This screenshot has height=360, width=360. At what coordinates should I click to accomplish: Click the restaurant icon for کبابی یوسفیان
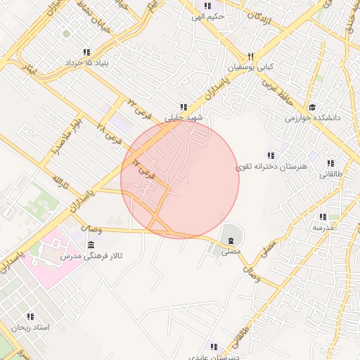[250, 57]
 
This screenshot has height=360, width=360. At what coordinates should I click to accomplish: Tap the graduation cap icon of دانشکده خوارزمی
[312, 107]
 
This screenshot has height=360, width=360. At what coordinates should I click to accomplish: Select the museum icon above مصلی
[231, 242]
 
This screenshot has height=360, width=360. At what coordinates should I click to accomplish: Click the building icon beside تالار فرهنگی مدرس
[91, 244]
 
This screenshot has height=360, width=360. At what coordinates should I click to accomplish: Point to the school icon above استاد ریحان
[30, 317]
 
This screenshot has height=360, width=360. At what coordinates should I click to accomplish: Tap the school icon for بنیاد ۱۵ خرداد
[86, 52]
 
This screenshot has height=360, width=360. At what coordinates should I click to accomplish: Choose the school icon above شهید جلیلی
[184, 107]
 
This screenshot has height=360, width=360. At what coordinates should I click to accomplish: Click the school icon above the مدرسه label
[323, 217]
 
